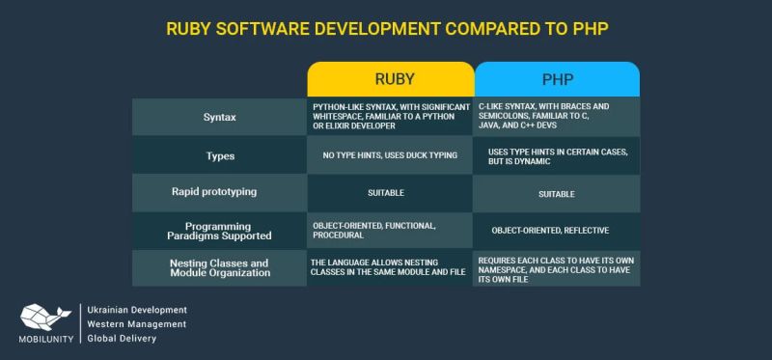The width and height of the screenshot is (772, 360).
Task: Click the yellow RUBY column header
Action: pyautogui.click(x=391, y=79)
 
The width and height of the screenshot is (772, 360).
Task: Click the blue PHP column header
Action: pyautogui.click(x=557, y=79)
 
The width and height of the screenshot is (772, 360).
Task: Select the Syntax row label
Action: pyautogui.click(x=219, y=117)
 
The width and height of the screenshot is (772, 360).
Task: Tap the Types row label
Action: pyautogui.click(x=219, y=154)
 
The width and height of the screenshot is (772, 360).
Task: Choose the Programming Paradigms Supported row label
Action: pyautogui.click(x=219, y=230)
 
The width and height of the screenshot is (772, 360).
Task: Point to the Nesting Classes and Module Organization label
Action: pyautogui.click(x=219, y=267)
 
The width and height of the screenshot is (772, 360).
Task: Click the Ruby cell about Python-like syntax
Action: pyautogui.click(x=390, y=117)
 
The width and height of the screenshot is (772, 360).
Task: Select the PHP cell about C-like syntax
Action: pyautogui.click(x=557, y=117)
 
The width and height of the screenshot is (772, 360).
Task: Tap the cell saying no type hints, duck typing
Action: pyautogui.click(x=390, y=154)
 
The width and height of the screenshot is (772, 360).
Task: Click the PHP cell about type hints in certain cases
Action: pyautogui.click(x=557, y=155)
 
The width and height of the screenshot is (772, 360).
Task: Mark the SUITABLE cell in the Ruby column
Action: pyautogui.click(x=390, y=193)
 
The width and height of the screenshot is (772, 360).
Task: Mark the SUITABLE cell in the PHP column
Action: pyautogui.click(x=557, y=193)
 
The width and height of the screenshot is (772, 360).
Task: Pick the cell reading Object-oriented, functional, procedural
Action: pyautogui.click(x=390, y=230)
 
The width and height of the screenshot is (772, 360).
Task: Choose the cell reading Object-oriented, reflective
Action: pyautogui.click(x=557, y=231)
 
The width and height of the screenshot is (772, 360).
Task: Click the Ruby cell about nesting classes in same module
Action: pyautogui.click(x=390, y=267)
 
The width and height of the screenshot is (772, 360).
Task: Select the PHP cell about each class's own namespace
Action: pyautogui.click(x=557, y=267)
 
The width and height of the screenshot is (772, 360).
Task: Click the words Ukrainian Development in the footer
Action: pyautogui.click(x=137, y=310)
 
